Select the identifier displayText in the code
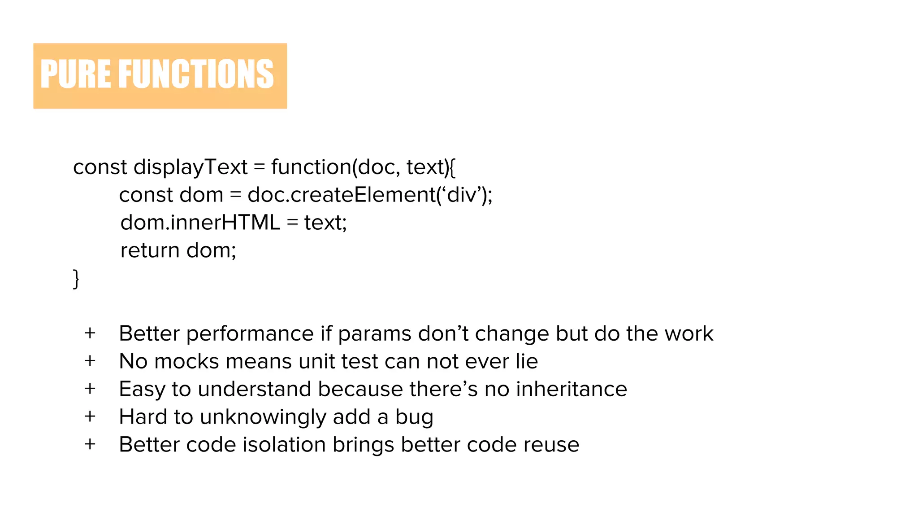pos(190,167)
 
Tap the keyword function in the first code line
pos(311,167)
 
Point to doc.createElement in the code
pos(341,195)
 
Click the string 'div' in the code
pos(462,195)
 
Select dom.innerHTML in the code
pos(200,223)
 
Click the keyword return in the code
pos(150,250)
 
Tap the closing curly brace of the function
pos(76,279)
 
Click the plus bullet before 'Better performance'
pos(90,333)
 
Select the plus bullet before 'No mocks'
pos(90,361)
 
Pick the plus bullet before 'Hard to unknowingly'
pos(90,417)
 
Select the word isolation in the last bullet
pos(284,445)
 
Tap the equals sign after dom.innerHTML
pos(292,223)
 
